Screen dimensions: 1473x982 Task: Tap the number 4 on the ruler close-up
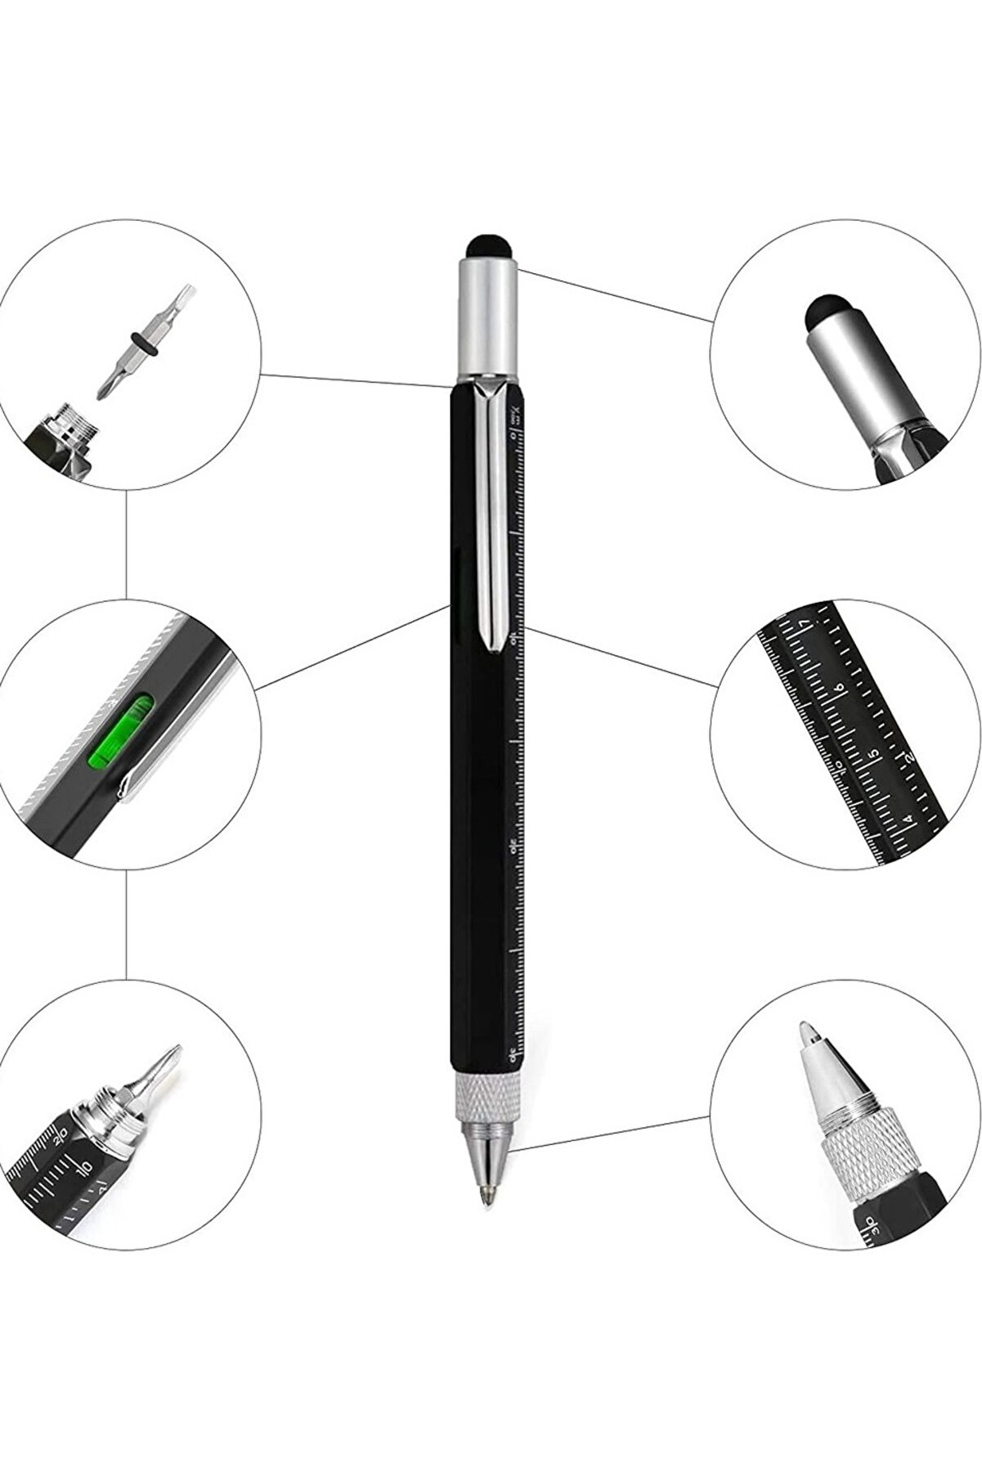(908, 815)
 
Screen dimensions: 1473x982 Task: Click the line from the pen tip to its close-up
(613, 1132)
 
